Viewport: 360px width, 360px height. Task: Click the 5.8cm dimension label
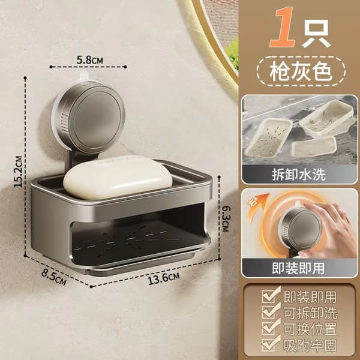90,60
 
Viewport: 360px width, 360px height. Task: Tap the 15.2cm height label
18,172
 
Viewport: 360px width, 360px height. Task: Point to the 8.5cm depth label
54,277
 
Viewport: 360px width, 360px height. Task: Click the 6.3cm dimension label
225,218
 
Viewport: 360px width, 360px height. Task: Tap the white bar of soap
118,177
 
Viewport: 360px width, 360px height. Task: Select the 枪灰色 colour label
301,71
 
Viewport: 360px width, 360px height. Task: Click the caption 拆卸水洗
299,175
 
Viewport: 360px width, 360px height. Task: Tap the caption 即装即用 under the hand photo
298,268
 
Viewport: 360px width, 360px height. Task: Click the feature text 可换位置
310,329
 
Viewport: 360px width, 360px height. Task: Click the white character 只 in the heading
316,33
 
